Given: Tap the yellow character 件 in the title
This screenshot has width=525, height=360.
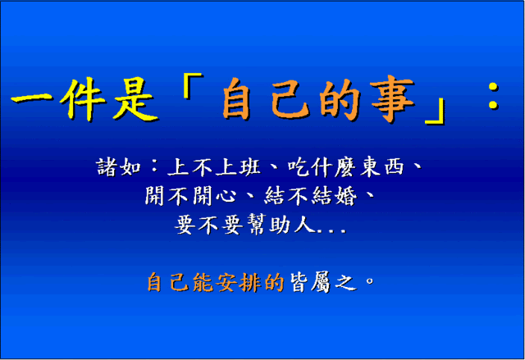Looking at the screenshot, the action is point(83,99).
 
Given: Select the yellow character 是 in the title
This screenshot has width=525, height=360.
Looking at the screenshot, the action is point(135,99).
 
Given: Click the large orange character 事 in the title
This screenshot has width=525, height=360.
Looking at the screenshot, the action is point(392,98).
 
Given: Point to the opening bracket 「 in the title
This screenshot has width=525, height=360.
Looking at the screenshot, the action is point(193,85).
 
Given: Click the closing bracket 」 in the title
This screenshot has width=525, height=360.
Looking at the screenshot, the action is point(436,112).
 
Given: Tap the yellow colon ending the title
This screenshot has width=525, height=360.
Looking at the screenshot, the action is point(493,96).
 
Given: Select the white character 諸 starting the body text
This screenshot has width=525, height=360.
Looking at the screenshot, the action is point(107,166).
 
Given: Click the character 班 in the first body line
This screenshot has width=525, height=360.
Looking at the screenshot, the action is point(249,166).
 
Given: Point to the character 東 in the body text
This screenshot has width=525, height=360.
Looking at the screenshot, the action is point(370,166).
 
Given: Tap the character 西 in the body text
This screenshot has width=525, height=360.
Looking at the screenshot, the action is point(394,166).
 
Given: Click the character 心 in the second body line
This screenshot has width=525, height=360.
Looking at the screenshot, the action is point(226,196).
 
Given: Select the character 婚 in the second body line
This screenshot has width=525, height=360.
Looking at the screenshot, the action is point(346,196).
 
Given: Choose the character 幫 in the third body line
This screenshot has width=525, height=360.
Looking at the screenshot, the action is point(257,224).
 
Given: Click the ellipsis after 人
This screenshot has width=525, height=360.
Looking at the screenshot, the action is point(331,230).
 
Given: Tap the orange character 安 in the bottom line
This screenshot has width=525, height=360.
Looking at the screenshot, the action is point(226,283).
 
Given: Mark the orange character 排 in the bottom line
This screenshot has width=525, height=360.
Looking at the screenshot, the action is point(249,283).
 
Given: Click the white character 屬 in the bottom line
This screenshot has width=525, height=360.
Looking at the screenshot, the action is point(321,283).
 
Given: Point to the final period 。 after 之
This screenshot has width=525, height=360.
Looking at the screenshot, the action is point(370,280).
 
